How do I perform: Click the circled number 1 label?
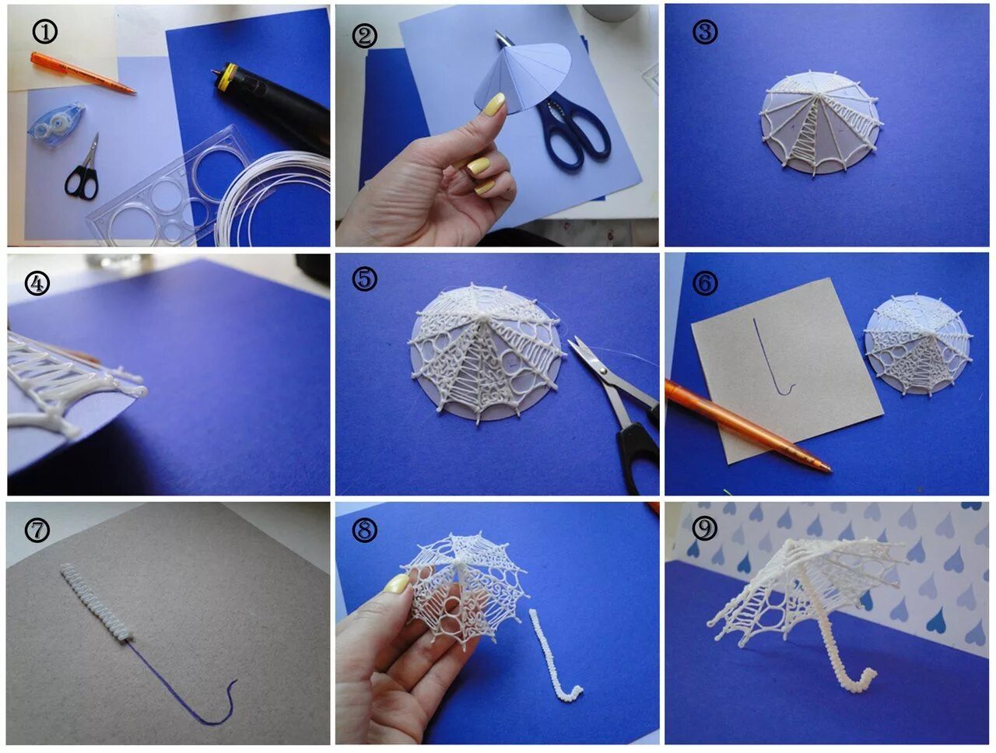[x=44, y=32]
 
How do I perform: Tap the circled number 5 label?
[x=364, y=278]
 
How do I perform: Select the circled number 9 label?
[x=705, y=527]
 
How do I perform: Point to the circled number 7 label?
[x=37, y=530]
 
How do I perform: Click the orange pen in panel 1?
[x=83, y=73]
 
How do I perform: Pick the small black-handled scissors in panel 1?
[x=83, y=170]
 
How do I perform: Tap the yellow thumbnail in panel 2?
[x=493, y=104]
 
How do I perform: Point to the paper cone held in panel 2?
[x=522, y=81]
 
